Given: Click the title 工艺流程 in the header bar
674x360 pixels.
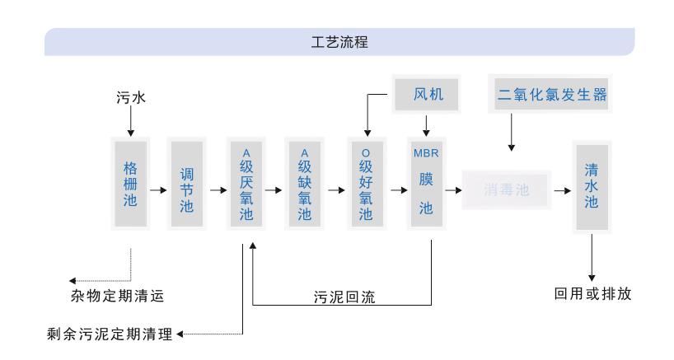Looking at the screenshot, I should (336, 44).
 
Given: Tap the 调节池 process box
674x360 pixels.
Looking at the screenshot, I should (187, 190).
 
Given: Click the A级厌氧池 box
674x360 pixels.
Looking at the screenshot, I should (246, 190).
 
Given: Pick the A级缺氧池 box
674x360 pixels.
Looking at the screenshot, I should (304, 190).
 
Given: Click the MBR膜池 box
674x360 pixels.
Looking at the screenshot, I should (425, 190).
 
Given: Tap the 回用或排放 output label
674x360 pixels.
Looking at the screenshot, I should (592, 294).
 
